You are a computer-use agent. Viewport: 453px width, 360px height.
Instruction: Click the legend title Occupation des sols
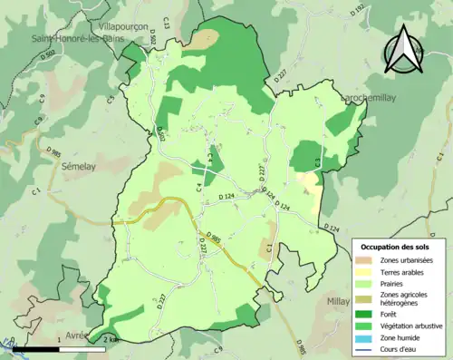tap(395, 247)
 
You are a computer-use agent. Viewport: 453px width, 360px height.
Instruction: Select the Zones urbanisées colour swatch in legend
tap(364, 261)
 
